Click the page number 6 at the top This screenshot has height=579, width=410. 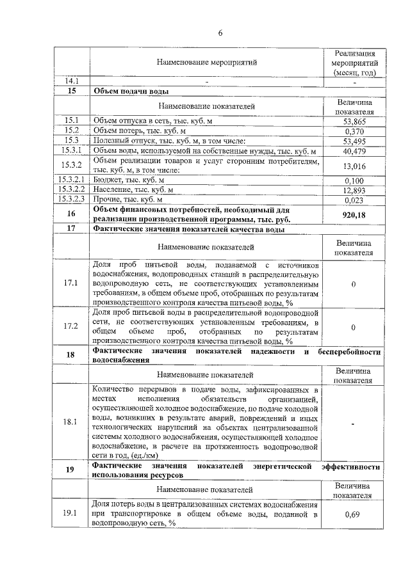point(220,33)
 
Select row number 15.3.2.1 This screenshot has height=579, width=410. point(71,180)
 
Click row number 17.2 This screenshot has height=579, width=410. point(71,327)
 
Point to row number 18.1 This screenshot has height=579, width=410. point(71,422)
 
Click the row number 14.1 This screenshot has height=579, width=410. point(71,81)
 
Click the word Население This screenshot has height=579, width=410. point(111,190)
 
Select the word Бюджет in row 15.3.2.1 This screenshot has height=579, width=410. point(107,180)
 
